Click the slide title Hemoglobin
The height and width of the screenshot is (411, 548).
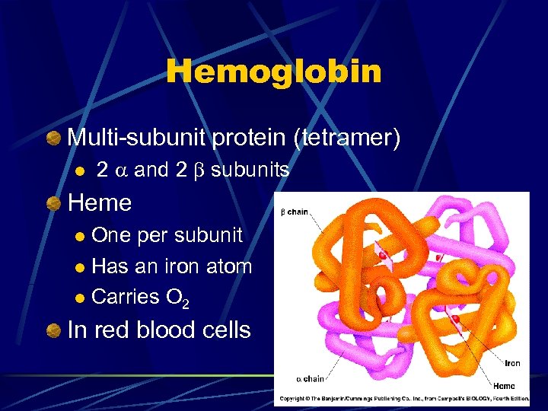click(274, 72)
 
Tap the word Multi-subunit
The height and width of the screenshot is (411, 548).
click(137, 138)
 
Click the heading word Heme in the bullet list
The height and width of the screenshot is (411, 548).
click(100, 202)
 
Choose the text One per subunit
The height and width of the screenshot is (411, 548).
click(167, 235)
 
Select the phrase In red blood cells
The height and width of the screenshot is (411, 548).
click(159, 330)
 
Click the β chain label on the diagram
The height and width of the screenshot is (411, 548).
click(295, 211)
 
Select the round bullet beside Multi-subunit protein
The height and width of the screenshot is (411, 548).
click(53, 139)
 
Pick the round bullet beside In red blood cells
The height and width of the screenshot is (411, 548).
click(53, 330)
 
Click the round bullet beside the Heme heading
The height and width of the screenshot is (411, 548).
click(53, 203)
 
